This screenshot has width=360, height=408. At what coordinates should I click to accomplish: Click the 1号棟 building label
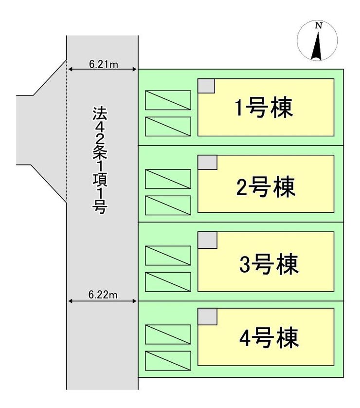(x=264, y=109)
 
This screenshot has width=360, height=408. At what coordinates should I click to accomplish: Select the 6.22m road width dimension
(x=103, y=295)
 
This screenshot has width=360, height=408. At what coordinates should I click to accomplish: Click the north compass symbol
(x=318, y=44)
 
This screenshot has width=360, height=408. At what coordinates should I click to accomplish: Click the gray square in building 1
(x=206, y=85)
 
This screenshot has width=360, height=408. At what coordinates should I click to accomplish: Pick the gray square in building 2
(x=207, y=162)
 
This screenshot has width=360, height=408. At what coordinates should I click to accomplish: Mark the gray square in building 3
(x=207, y=240)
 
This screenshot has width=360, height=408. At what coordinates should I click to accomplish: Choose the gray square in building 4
(x=207, y=316)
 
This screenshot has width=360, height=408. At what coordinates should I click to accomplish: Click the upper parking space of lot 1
(x=168, y=100)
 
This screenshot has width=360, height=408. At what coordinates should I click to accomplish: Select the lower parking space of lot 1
(x=168, y=126)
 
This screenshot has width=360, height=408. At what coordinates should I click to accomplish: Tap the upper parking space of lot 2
(x=168, y=179)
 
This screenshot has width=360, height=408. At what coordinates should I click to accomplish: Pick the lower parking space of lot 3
(x=168, y=281)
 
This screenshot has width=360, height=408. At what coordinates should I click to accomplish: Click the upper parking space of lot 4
(x=168, y=334)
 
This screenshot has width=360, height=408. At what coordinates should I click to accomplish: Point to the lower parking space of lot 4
(x=168, y=360)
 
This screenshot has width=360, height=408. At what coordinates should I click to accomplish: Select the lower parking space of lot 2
(x=168, y=205)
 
